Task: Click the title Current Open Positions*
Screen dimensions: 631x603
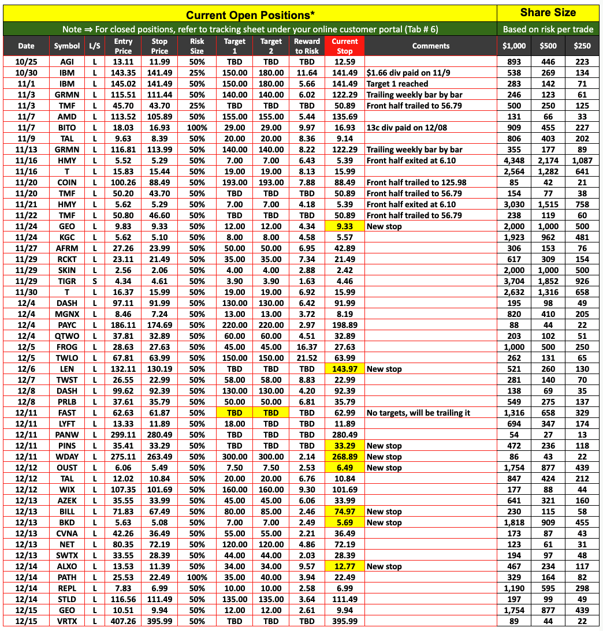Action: pyautogui.click(x=250, y=15)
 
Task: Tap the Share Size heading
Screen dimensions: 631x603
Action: pyautogui.click(x=548, y=13)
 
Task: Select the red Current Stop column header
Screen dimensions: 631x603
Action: pyautogui.click(x=345, y=46)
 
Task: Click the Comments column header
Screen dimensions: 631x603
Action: pyautogui.click(x=430, y=46)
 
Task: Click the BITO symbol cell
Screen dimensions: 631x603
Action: pyautogui.click(x=67, y=128)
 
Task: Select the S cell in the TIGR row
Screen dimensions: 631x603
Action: pyautogui.click(x=94, y=281)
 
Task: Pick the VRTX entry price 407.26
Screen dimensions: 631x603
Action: pyautogui.click(x=123, y=621)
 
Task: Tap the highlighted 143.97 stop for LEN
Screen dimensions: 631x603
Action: pyautogui.click(x=345, y=369)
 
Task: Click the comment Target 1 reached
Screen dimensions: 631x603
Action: pyautogui.click(x=397, y=84)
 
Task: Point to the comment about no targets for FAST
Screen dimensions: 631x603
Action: pyautogui.click(x=418, y=413)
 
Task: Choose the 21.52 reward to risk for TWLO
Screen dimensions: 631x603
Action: pyautogui.click(x=307, y=358)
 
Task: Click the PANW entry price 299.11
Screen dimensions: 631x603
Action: pyautogui.click(x=123, y=435)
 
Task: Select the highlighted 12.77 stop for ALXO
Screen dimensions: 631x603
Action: pyautogui.click(x=345, y=566)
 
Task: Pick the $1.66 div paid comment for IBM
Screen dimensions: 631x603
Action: pyautogui.click(x=402, y=73)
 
